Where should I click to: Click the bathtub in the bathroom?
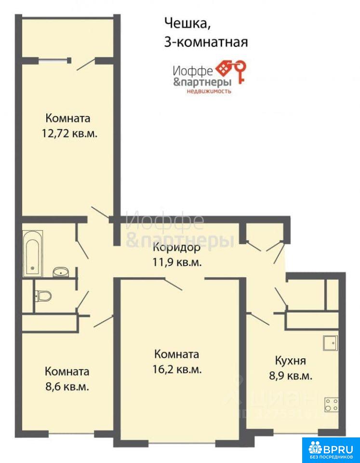click(33, 254)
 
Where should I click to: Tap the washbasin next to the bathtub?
click(61, 272)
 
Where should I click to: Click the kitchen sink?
click(330, 343)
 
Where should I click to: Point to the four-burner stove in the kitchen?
click(332, 405)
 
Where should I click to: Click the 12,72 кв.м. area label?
click(69, 134)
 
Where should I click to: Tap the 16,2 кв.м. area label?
click(177, 370)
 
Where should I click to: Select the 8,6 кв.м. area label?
click(67, 387)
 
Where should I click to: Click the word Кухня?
click(290, 361)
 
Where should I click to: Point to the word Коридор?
click(176, 248)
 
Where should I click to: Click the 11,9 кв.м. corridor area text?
click(177, 262)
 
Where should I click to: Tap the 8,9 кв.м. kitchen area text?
click(290, 376)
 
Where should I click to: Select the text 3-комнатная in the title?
click(206, 42)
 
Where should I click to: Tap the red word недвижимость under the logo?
click(209, 91)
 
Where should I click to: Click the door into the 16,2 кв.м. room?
click(173, 284)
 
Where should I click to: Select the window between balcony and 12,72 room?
click(53, 61)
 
